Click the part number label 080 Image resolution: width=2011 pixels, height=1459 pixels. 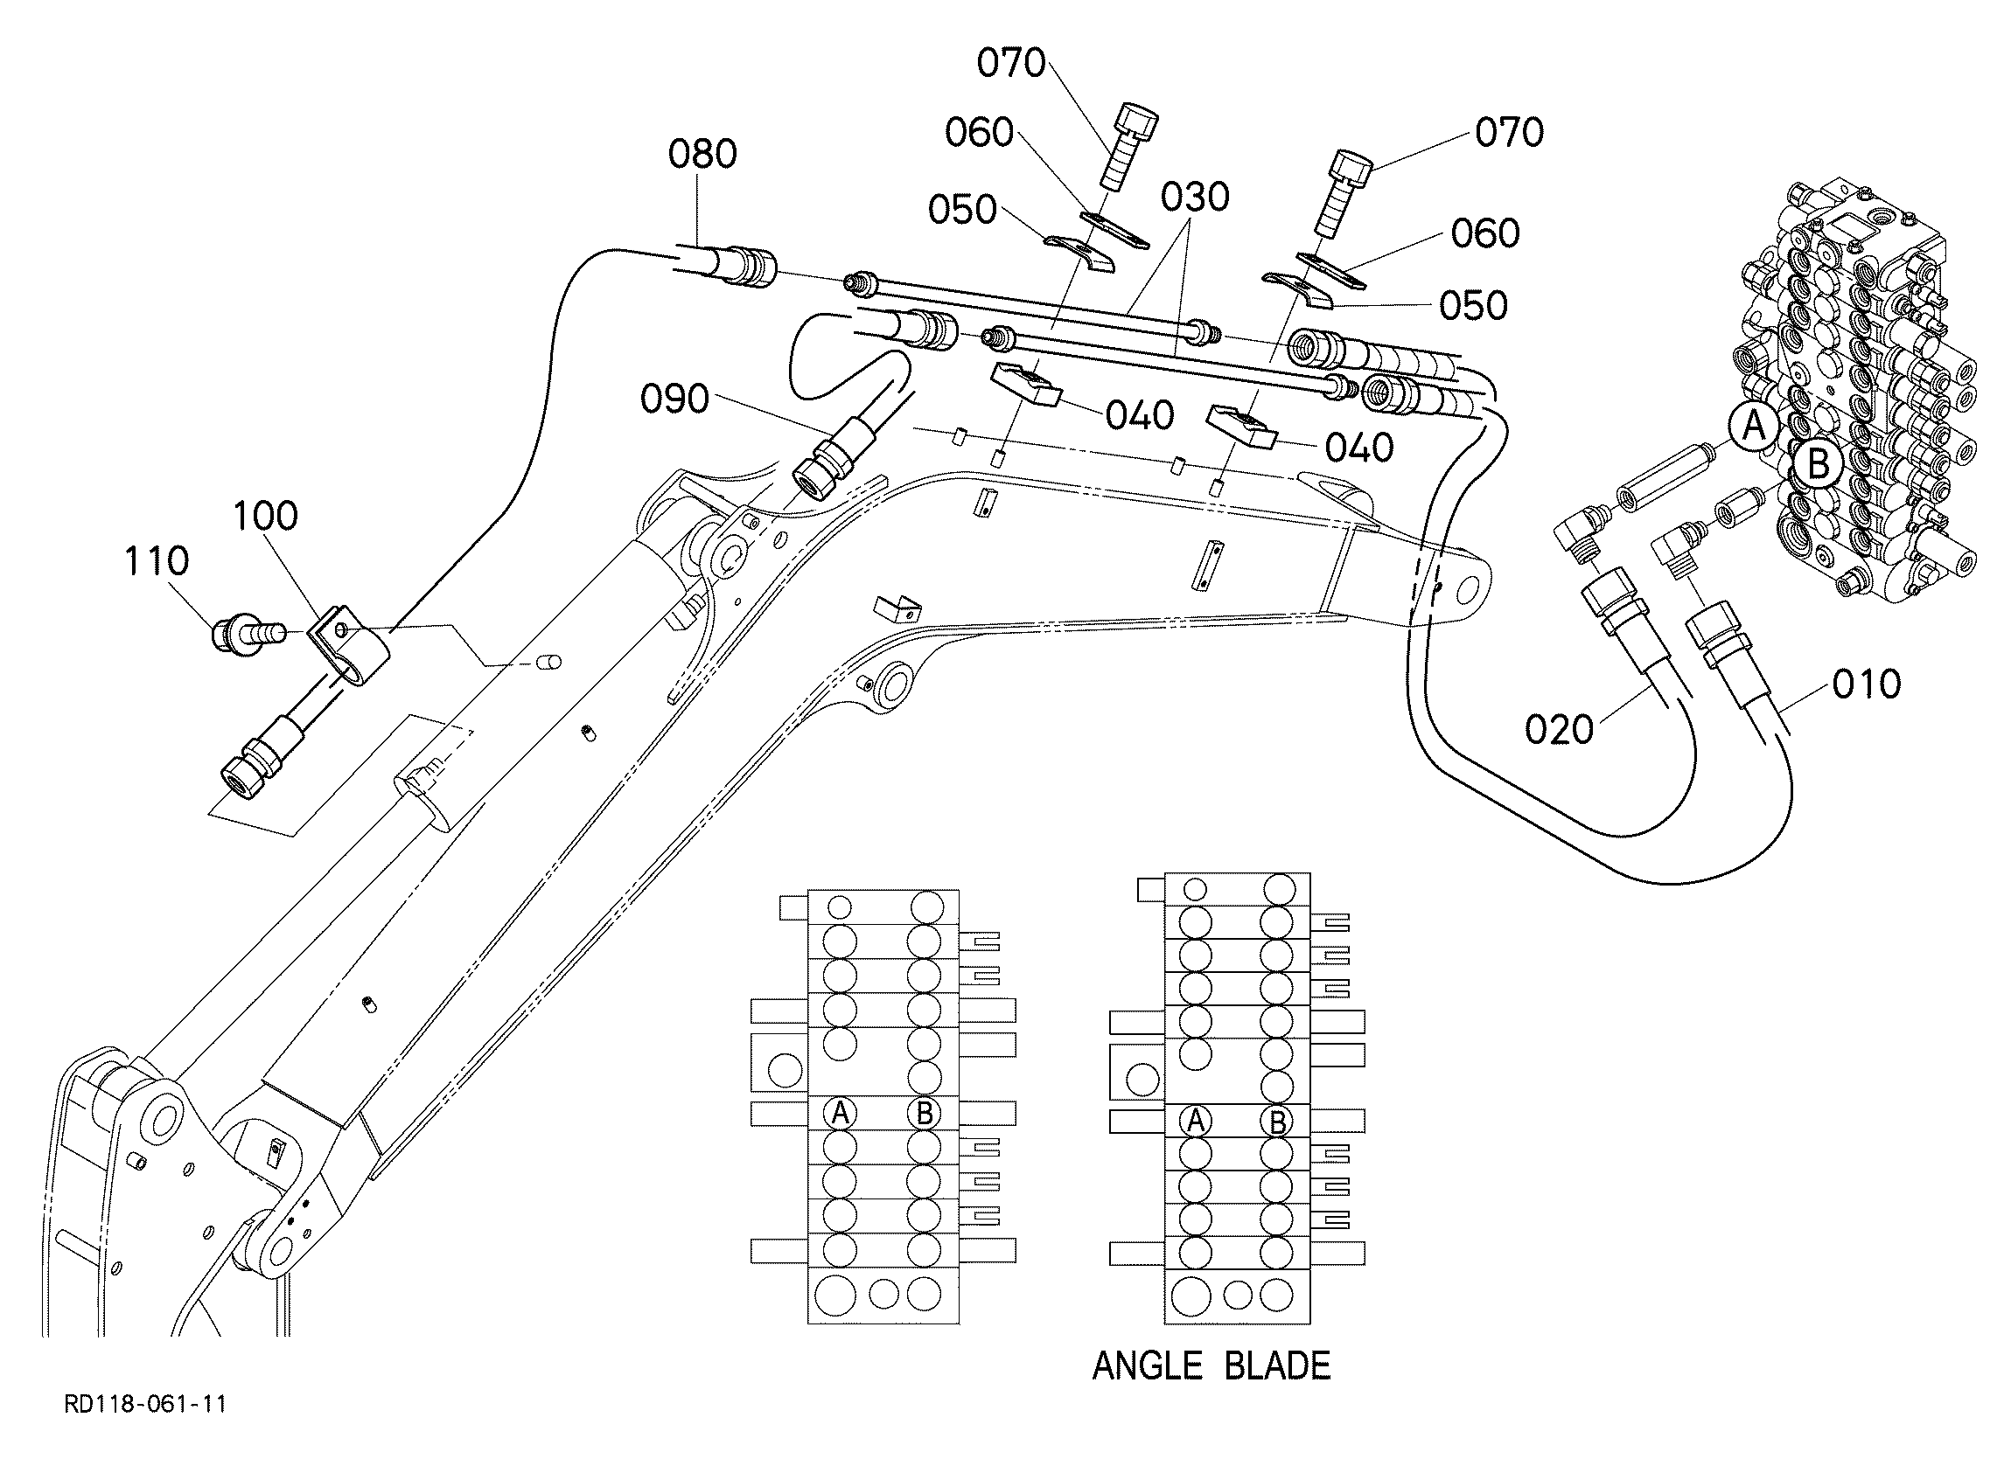[702, 154]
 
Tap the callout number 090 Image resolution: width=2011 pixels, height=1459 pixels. [674, 399]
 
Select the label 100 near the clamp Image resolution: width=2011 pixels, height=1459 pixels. [265, 515]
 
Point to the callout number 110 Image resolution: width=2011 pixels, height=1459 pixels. [157, 561]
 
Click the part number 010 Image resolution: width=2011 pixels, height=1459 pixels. [1867, 684]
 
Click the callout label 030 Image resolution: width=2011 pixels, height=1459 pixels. [1195, 197]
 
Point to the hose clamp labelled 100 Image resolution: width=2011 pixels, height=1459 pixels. [349, 646]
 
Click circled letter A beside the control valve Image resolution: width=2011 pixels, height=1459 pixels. [1754, 427]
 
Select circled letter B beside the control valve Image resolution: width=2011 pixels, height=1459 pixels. [1818, 463]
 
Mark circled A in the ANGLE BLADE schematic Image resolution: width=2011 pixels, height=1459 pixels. [1195, 1122]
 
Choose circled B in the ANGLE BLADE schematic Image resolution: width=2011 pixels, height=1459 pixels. [1277, 1122]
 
